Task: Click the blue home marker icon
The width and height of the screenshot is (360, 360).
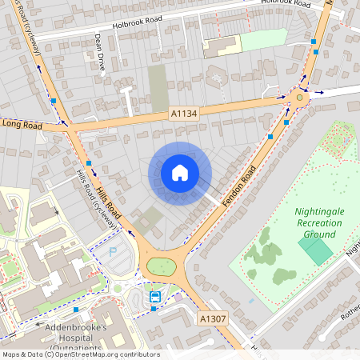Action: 179,173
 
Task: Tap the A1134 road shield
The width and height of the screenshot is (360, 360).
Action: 183,115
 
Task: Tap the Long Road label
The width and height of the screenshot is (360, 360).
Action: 22,124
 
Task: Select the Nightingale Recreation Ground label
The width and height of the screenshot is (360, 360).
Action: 303,223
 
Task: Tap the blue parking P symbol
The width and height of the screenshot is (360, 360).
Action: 111,252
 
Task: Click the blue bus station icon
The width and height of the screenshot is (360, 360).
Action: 155,296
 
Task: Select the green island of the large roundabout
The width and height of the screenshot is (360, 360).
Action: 162,267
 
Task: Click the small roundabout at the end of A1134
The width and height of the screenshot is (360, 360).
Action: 299,98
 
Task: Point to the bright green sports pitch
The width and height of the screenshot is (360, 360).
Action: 317,252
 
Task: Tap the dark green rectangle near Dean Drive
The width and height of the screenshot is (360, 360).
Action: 158,88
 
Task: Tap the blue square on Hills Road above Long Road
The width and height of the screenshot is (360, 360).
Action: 54,102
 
